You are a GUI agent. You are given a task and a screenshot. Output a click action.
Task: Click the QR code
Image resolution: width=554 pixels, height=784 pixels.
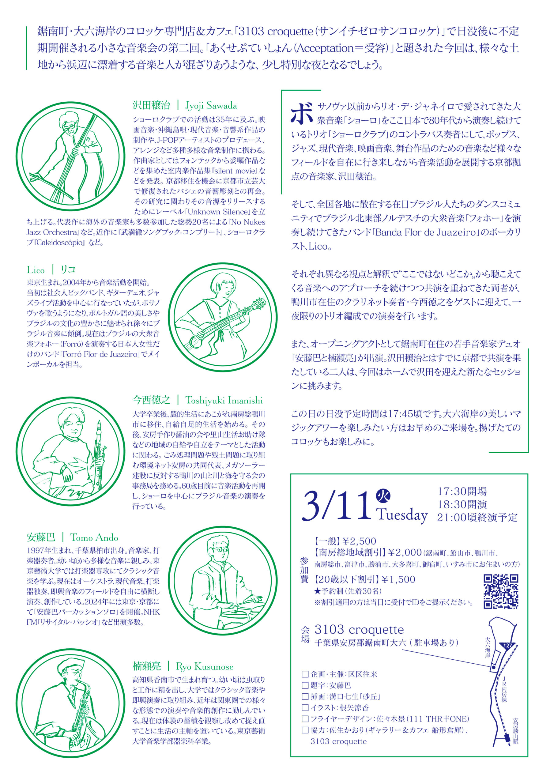pyautogui.click(x=501, y=592)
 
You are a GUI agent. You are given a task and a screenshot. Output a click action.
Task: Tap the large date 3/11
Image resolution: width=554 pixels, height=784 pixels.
pyautogui.click(x=337, y=507)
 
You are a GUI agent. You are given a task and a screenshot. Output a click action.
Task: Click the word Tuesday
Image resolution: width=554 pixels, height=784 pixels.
pyautogui.click(x=402, y=515)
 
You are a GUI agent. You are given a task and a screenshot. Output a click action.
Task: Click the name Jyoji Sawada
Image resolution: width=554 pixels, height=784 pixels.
pyautogui.click(x=211, y=106)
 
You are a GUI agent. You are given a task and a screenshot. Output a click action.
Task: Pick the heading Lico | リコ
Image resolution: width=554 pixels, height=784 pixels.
pyautogui.click(x=51, y=270)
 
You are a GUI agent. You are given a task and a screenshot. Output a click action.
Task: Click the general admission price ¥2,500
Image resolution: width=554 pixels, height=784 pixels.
pyautogui.click(x=359, y=541)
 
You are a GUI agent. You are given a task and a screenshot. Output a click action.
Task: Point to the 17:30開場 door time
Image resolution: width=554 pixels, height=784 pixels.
pyautogui.click(x=462, y=491)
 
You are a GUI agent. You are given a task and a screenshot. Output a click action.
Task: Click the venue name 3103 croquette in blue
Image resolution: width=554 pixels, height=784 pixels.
pyautogui.click(x=359, y=629)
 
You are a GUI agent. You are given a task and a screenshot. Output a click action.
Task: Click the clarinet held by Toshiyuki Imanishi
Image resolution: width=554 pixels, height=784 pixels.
pyautogui.click(x=99, y=454)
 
